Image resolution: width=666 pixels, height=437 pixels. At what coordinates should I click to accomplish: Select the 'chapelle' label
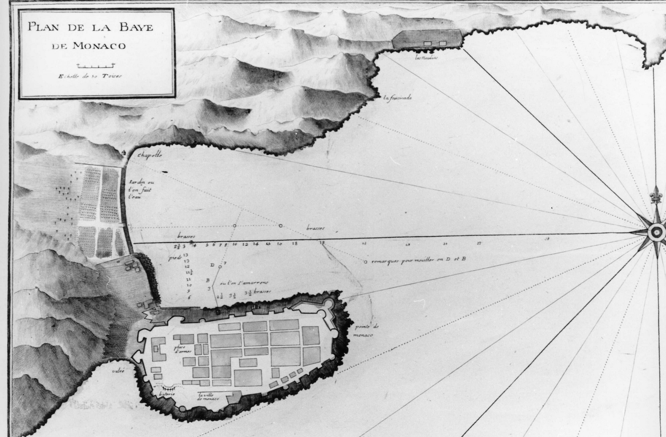[x=150, y=156]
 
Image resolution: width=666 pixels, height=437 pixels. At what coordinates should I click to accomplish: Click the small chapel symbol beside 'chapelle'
[x=124, y=153]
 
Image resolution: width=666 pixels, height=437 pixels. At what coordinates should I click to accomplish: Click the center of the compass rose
[x=656, y=232]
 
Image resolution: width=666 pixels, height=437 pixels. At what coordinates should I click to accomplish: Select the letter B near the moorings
[x=208, y=280]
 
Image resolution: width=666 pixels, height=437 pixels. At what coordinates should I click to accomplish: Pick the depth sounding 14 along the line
[x=256, y=244]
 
